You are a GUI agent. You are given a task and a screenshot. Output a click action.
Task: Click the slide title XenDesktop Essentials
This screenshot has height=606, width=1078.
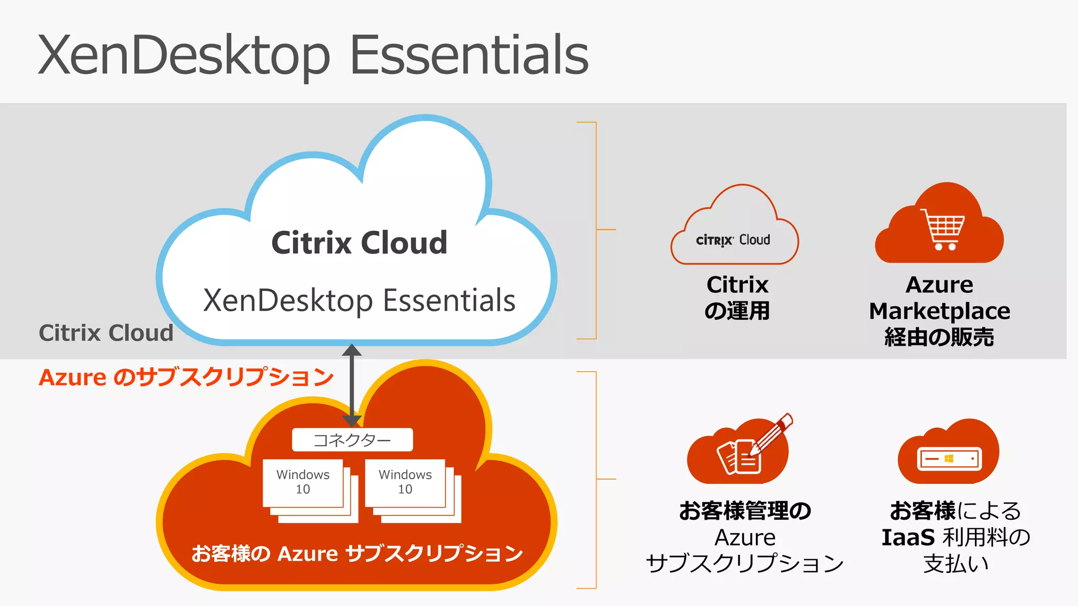coord(313,55)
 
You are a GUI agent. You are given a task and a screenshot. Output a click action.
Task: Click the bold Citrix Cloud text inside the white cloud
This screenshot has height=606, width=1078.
coord(359,243)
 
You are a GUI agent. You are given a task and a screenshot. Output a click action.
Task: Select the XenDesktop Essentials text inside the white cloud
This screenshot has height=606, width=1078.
coord(359,300)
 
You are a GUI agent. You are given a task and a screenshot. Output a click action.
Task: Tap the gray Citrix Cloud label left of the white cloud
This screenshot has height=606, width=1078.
coord(106,333)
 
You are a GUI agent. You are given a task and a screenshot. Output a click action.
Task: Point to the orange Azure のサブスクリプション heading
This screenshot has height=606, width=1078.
coord(186,377)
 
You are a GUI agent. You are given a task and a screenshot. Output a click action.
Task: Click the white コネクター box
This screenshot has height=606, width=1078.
coord(352,440)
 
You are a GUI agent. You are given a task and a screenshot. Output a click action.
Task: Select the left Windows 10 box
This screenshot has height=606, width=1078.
coord(303,482)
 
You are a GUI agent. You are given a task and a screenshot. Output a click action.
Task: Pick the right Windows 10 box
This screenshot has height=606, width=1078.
coord(405,482)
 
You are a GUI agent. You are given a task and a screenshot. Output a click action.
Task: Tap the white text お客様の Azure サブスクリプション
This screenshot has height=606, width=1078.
coord(357,553)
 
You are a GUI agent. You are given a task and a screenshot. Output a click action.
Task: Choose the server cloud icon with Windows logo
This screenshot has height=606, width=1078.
coord(949,453)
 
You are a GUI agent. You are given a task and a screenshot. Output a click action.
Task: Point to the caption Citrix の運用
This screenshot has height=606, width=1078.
coord(737,298)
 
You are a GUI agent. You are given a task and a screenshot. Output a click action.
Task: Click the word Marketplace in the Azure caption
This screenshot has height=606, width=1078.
coord(940,311)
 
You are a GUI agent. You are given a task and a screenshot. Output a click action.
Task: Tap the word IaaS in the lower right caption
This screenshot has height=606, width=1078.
coord(908,537)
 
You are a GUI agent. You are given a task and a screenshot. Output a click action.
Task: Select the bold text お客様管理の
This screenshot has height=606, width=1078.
coord(745,511)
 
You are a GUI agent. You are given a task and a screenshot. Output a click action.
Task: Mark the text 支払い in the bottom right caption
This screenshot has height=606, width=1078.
coord(956,563)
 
